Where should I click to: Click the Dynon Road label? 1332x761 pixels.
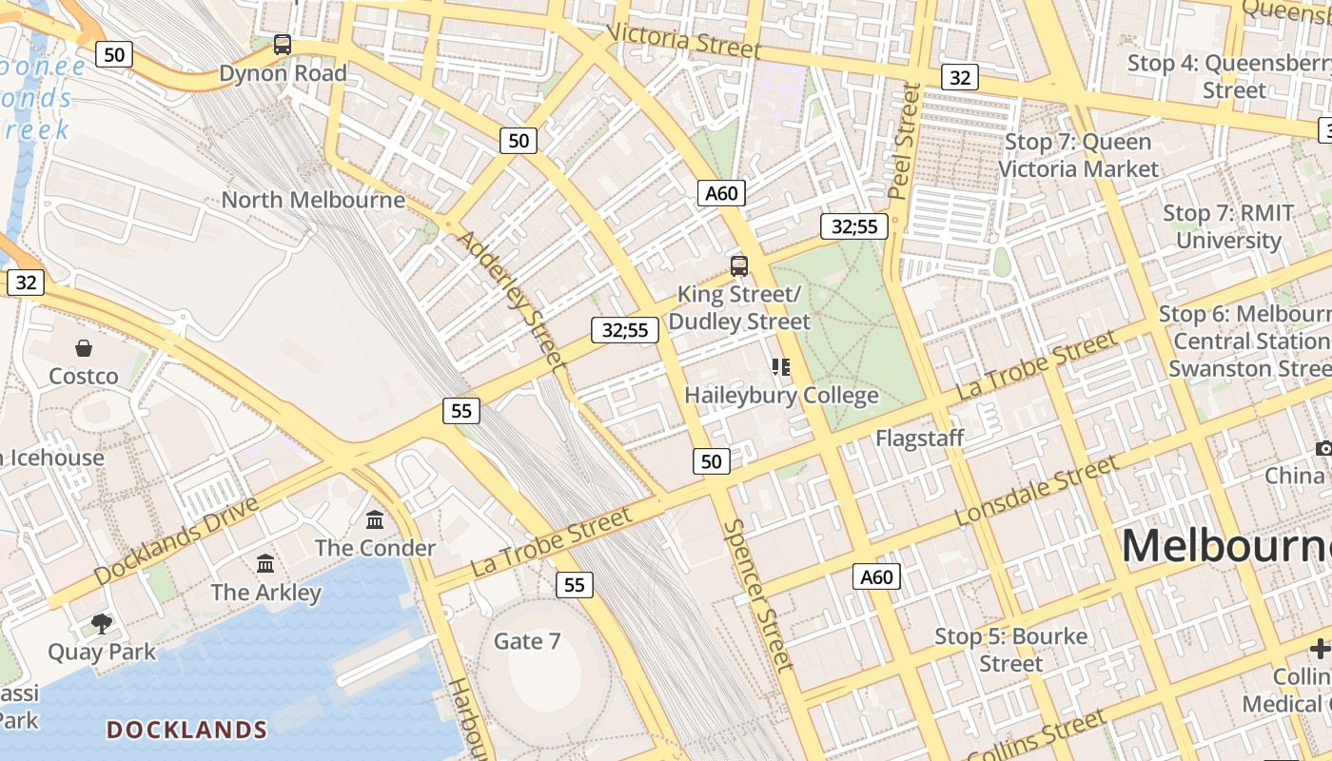283,73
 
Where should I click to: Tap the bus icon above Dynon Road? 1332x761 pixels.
283,44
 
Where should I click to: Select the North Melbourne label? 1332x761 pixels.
313,200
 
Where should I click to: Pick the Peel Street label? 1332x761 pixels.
905,141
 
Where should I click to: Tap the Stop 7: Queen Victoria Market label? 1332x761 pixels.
1078,155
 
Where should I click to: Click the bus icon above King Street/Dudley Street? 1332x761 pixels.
739,266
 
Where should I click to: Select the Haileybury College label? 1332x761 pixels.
781,395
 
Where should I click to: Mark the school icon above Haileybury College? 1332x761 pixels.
781,366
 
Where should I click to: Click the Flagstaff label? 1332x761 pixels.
920,438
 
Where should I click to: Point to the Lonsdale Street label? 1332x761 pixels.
1036,491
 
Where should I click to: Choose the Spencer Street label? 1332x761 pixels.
757,595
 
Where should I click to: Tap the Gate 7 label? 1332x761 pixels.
527,641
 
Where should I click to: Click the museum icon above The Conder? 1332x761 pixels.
375,519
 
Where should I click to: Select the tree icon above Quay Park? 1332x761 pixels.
102,624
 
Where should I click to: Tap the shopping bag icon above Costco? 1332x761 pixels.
84,348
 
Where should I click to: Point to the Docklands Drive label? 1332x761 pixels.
177,540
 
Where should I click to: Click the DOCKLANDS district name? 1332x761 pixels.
186,730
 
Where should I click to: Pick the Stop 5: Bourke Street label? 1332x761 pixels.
1010,650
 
